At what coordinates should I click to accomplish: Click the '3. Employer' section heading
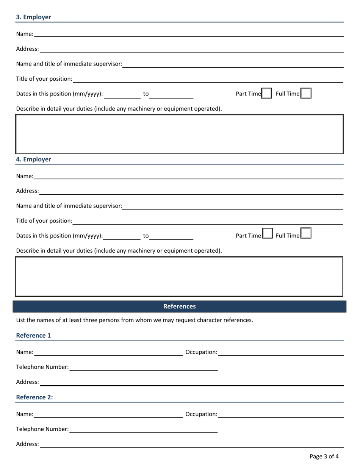coord(33,17)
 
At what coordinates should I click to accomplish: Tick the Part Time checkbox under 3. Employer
coord(267,93)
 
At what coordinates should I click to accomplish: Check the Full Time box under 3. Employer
coord(306,93)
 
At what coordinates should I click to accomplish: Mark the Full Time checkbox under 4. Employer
coord(306,233)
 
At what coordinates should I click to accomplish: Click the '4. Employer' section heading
coord(33,159)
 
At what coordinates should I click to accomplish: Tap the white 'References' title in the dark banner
coord(179,306)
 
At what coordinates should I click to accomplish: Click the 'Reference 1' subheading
coord(33,335)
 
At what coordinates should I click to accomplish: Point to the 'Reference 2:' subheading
coord(34,397)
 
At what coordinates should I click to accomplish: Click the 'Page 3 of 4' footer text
coord(324,456)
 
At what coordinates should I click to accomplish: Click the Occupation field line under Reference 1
coord(281,352)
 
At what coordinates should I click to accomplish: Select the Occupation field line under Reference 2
coord(281,414)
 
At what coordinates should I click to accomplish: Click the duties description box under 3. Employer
coord(179,134)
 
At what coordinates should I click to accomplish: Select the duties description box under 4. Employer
coord(179,276)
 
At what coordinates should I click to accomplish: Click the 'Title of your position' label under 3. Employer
coord(44,79)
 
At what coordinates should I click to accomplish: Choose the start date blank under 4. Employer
coord(122,236)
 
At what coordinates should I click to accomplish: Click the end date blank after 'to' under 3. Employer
coord(171,94)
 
